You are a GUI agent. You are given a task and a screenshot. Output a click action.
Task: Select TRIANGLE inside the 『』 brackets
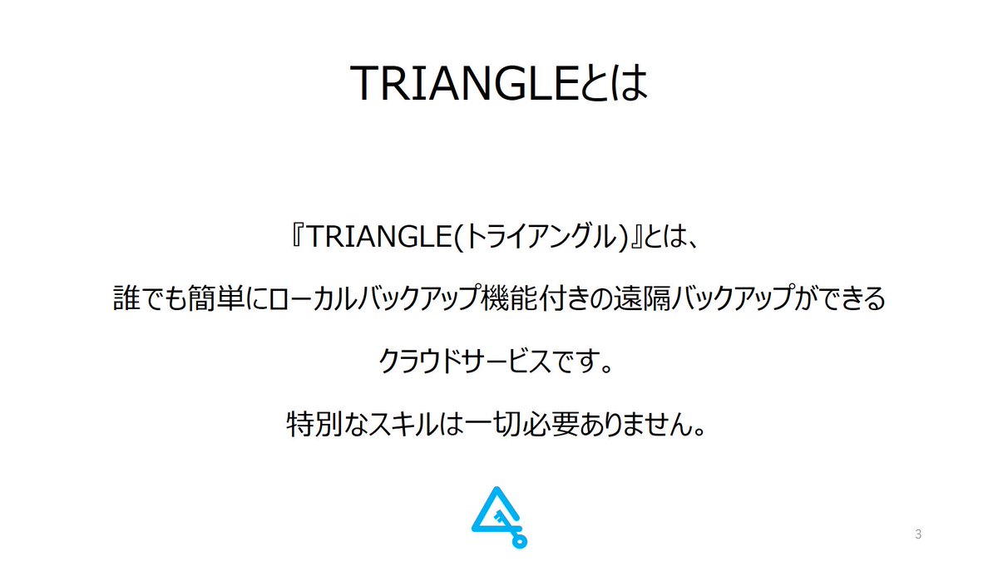coord(378,239)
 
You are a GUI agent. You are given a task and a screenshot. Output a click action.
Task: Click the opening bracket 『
coord(297,239)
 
